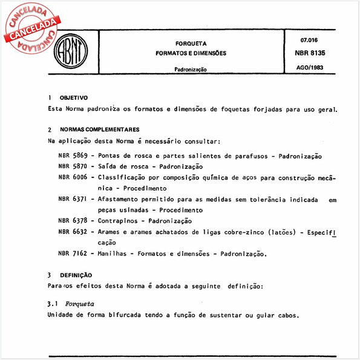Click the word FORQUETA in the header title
tap(191, 44)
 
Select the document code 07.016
tap(309, 40)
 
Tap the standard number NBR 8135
tap(309, 53)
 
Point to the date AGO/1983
tap(309, 68)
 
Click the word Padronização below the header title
tap(191, 69)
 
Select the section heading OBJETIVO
tap(74, 98)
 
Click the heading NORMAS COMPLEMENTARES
tap(100, 130)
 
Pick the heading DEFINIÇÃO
tap(76, 274)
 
